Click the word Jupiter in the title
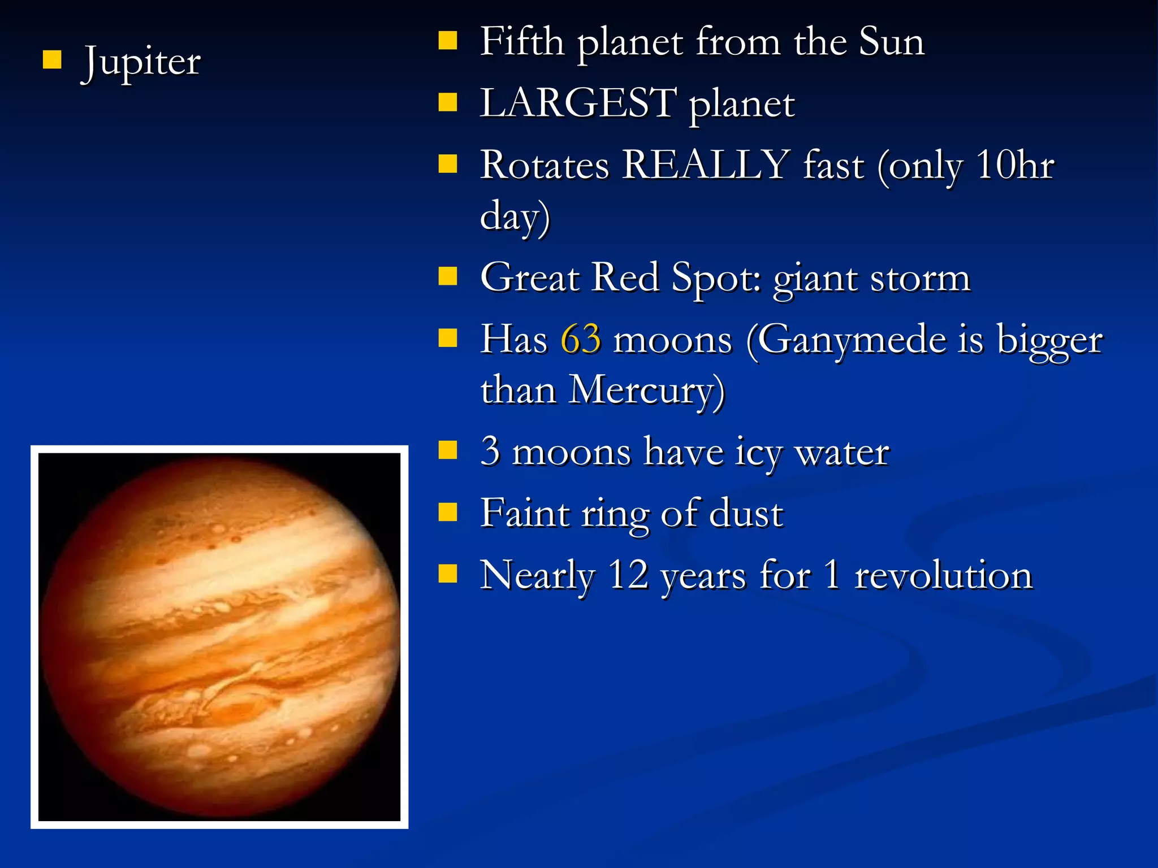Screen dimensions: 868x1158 pos(141,62)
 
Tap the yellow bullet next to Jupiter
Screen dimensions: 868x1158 pos(52,59)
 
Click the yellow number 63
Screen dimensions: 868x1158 pos(581,340)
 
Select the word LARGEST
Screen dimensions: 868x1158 pos(578,103)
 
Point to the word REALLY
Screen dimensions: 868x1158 pos(705,166)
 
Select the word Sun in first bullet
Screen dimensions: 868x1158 pos(892,42)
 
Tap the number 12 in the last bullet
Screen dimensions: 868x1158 pos(628,575)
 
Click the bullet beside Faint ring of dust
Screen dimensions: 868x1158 pos(448,512)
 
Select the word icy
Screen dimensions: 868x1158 pos(758,453)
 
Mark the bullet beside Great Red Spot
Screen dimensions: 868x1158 pos(448,276)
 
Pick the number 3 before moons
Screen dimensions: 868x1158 pos(490,452)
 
